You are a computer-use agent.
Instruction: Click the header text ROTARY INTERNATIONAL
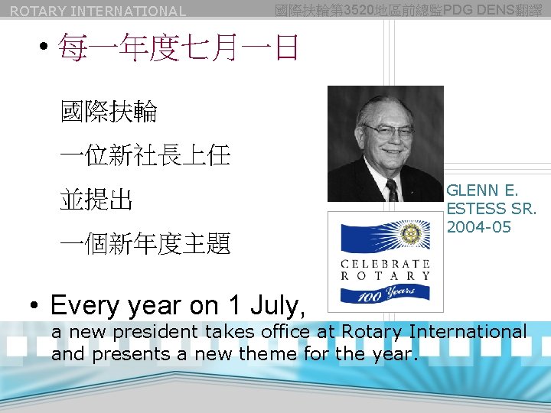pyautogui.click(x=98, y=11)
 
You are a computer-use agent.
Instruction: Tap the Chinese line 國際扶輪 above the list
pyautogui.click(x=109, y=112)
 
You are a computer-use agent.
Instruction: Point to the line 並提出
pyautogui.click(x=96, y=200)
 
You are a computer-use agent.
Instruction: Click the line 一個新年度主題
pyautogui.click(x=145, y=245)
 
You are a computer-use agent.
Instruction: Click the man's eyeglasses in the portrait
pyautogui.click(x=389, y=131)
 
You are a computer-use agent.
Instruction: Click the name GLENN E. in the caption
pyautogui.click(x=482, y=190)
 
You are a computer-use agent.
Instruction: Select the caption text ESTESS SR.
pyautogui.click(x=491, y=209)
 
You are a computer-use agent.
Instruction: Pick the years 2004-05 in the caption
pyautogui.click(x=478, y=227)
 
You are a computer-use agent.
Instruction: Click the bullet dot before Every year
pyautogui.click(x=35, y=306)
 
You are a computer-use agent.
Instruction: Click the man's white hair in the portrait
pyautogui.click(x=385, y=103)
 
